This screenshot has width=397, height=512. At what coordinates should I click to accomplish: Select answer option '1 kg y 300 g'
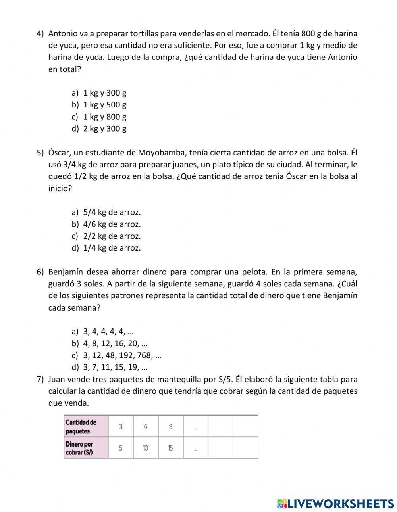click(104, 93)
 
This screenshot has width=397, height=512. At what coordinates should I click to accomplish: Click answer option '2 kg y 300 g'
click(104, 129)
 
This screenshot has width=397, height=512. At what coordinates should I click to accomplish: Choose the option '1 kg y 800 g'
click(104, 117)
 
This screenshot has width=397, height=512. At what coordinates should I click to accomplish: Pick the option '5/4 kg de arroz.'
click(112, 212)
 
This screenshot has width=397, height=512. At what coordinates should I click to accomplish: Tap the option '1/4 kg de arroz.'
click(112, 248)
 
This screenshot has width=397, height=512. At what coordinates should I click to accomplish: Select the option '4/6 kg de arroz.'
click(112, 224)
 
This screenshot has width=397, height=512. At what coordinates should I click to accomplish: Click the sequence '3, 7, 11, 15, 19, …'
click(115, 367)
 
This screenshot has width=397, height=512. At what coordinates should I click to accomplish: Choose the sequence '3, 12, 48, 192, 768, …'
click(122, 355)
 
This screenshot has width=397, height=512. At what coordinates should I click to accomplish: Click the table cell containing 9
click(170, 426)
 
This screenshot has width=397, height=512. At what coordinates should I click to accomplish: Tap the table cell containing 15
click(170, 448)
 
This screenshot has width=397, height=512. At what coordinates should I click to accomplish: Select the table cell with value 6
click(145, 426)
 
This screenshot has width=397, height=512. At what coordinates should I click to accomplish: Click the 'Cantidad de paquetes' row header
click(85, 426)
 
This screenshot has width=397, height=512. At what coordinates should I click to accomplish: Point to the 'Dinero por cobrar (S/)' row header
click(85, 448)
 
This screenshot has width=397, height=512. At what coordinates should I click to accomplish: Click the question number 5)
click(40, 153)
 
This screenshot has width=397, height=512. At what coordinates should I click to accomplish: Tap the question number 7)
click(40, 379)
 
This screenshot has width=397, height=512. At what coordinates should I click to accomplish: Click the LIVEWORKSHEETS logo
click(335, 504)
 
